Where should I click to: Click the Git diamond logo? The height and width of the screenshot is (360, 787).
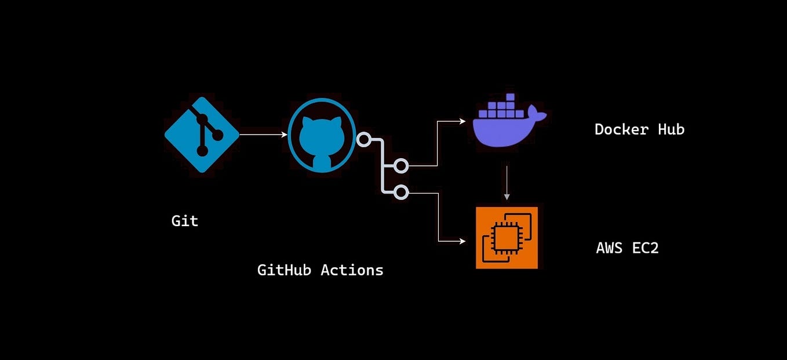coord(202,134)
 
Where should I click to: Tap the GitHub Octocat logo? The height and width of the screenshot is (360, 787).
coord(322,135)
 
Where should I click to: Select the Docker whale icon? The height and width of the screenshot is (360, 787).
coord(509,120)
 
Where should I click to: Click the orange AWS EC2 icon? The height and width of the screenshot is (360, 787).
coord(507,238)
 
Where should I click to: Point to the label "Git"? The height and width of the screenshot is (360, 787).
coord(185,221)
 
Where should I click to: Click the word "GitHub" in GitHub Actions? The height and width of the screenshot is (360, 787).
coord(284,270)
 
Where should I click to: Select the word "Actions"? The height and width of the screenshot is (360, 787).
coord(352,270)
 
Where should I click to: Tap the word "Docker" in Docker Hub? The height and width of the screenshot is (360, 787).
coord(621,129)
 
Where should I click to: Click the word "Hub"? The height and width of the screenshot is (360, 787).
coord(671,129)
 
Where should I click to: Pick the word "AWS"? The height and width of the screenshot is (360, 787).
coord(609,248)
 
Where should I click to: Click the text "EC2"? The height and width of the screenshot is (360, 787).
coord(646,248)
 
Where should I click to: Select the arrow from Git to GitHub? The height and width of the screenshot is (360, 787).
coord(264,134)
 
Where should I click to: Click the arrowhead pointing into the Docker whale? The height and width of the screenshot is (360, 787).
coord(462,121)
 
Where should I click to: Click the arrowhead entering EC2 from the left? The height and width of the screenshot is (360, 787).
coord(462,241)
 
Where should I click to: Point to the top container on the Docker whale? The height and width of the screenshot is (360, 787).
coord(511,97)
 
